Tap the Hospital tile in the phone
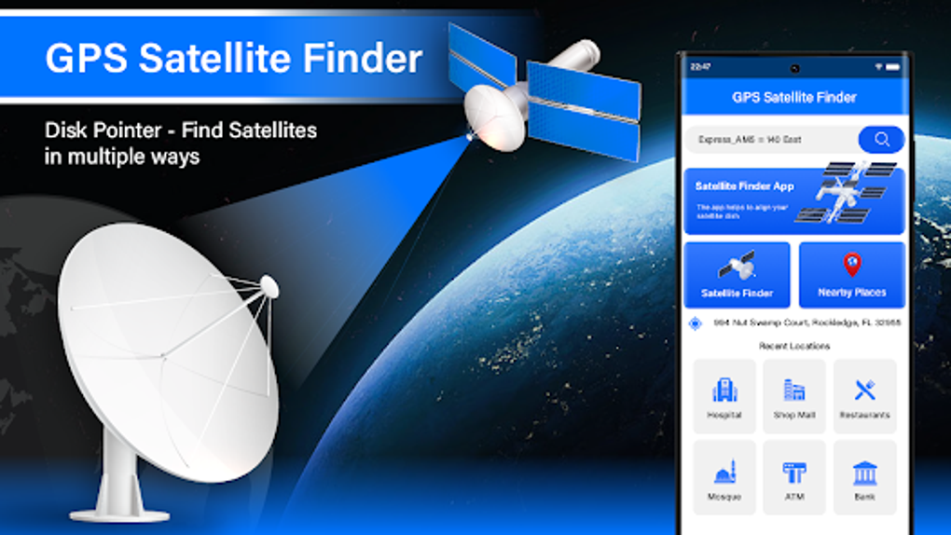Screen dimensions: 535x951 (x=724, y=396)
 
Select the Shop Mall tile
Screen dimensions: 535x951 (x=794, y=396)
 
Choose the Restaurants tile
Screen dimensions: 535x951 (x=864, y=396)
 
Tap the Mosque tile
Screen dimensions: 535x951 (x=724, y=478)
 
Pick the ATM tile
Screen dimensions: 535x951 (x=794, y=478)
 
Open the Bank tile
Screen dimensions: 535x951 (x=864, y=478)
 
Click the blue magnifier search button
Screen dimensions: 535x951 (x=881, y=140)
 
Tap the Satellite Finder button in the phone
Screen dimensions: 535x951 (x=737, y=275)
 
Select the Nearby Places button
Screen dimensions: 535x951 (x=851, y=275)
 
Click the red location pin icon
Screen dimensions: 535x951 (x=852, y=265)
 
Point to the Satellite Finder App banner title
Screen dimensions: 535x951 (x=745, y=186)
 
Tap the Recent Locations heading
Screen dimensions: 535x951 (x=794, y=346)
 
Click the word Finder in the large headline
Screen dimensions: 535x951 (x=369, y=58)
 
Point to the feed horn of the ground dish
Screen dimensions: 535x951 (x=269, y=285)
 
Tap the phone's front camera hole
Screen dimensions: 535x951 (x=794, y=68)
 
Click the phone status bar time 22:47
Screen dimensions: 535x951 (x=701, y=68)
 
